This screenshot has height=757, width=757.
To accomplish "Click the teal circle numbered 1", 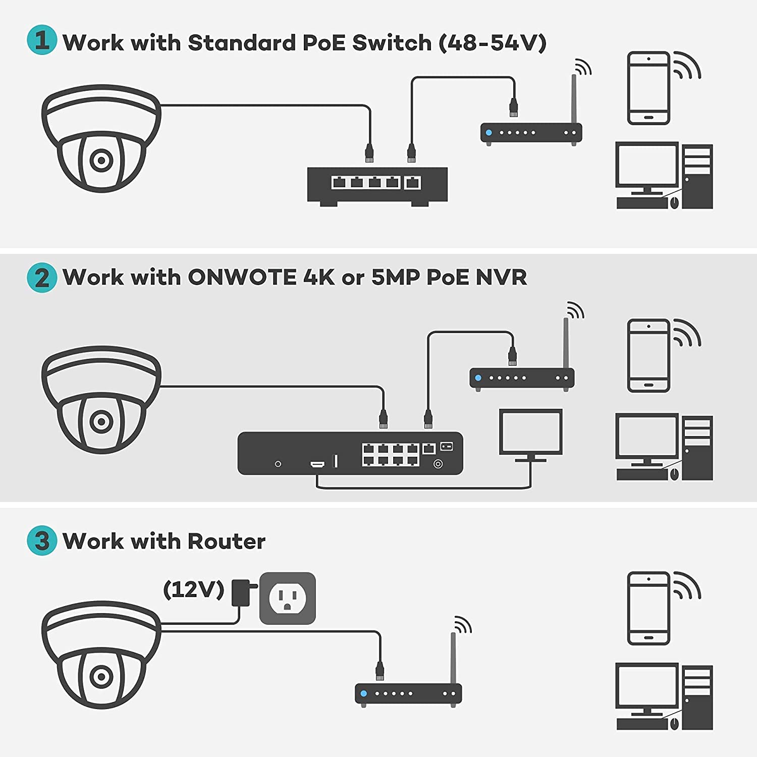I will (42, 40).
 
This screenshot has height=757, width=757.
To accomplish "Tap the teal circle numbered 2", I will (42, 278).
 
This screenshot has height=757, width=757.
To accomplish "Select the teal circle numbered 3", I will (42, 540).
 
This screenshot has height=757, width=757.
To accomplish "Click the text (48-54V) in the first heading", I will (493, 43).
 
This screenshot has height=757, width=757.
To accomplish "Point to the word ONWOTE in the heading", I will (242, 277).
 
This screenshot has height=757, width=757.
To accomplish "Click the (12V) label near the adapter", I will (194, 589).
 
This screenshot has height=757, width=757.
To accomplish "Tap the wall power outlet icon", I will (287, 598).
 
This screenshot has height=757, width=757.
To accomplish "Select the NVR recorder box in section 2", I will (350, 453).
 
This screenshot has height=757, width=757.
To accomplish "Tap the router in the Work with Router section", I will (408, 693).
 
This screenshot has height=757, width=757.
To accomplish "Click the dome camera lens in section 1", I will (101, 160).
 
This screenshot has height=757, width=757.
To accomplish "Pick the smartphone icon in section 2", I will (648, 355).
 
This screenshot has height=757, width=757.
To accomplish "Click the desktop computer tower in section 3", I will (697, 697).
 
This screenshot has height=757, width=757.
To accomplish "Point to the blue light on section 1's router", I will (489, 133).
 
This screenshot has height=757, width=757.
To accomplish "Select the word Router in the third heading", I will (226, 541).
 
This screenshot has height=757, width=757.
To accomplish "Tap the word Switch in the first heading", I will (392, 43).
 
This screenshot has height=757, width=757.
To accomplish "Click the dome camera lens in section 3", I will (101, 676).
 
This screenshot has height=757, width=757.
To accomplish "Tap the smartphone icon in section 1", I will (648, 88).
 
